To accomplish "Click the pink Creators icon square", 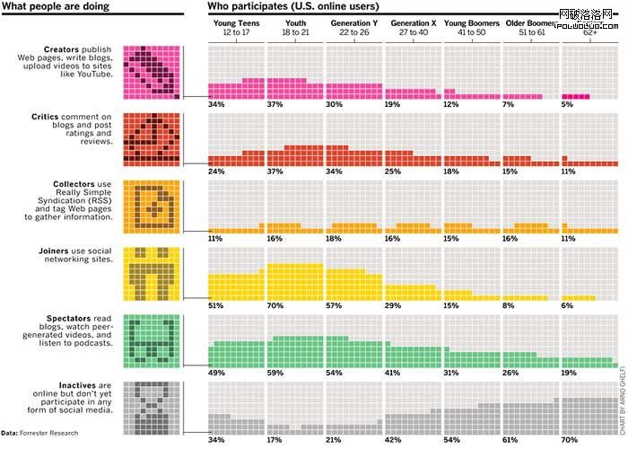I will [x=150, y=70].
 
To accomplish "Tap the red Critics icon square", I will [x=150, y=139].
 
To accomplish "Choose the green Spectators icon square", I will [x=150, y=340].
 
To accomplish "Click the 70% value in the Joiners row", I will [x=274, y=306].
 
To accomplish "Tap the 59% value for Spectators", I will [x=274, y=373].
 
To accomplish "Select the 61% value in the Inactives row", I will [x=510, y=439].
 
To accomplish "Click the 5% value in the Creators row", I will [x=566, y=104].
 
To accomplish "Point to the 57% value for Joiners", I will [x=333, y=306].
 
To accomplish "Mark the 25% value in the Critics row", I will [x=392, y=171].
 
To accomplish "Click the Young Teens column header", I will [x=237, y=27].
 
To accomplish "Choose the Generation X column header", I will [x=414, y=27].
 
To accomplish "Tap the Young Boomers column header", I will [x=472, y=27].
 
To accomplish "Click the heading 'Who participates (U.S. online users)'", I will [x=293, y=7].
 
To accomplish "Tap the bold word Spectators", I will [x=71, y=319].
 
